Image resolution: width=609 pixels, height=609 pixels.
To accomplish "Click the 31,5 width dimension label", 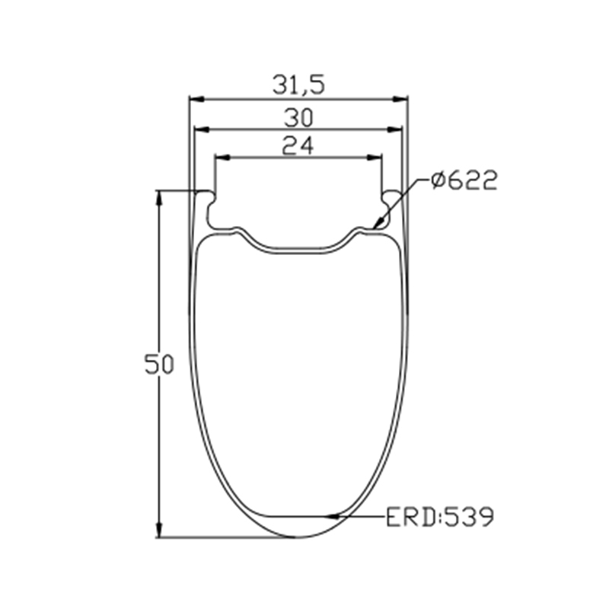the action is [298, 85].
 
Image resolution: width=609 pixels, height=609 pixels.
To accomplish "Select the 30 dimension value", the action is [298, 118].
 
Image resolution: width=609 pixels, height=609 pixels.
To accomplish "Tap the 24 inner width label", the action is [298, 146].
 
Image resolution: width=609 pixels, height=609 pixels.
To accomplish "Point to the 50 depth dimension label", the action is [159, 365].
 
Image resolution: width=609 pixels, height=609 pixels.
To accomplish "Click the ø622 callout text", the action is [464, 180].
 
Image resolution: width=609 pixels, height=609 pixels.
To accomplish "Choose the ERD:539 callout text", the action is [440, 517].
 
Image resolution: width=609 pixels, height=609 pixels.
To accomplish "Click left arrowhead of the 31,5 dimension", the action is [196, 100].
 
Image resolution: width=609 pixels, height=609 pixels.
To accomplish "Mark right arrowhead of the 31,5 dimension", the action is [400, 100].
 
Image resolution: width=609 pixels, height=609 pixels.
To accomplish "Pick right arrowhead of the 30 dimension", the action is [394, 129].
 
